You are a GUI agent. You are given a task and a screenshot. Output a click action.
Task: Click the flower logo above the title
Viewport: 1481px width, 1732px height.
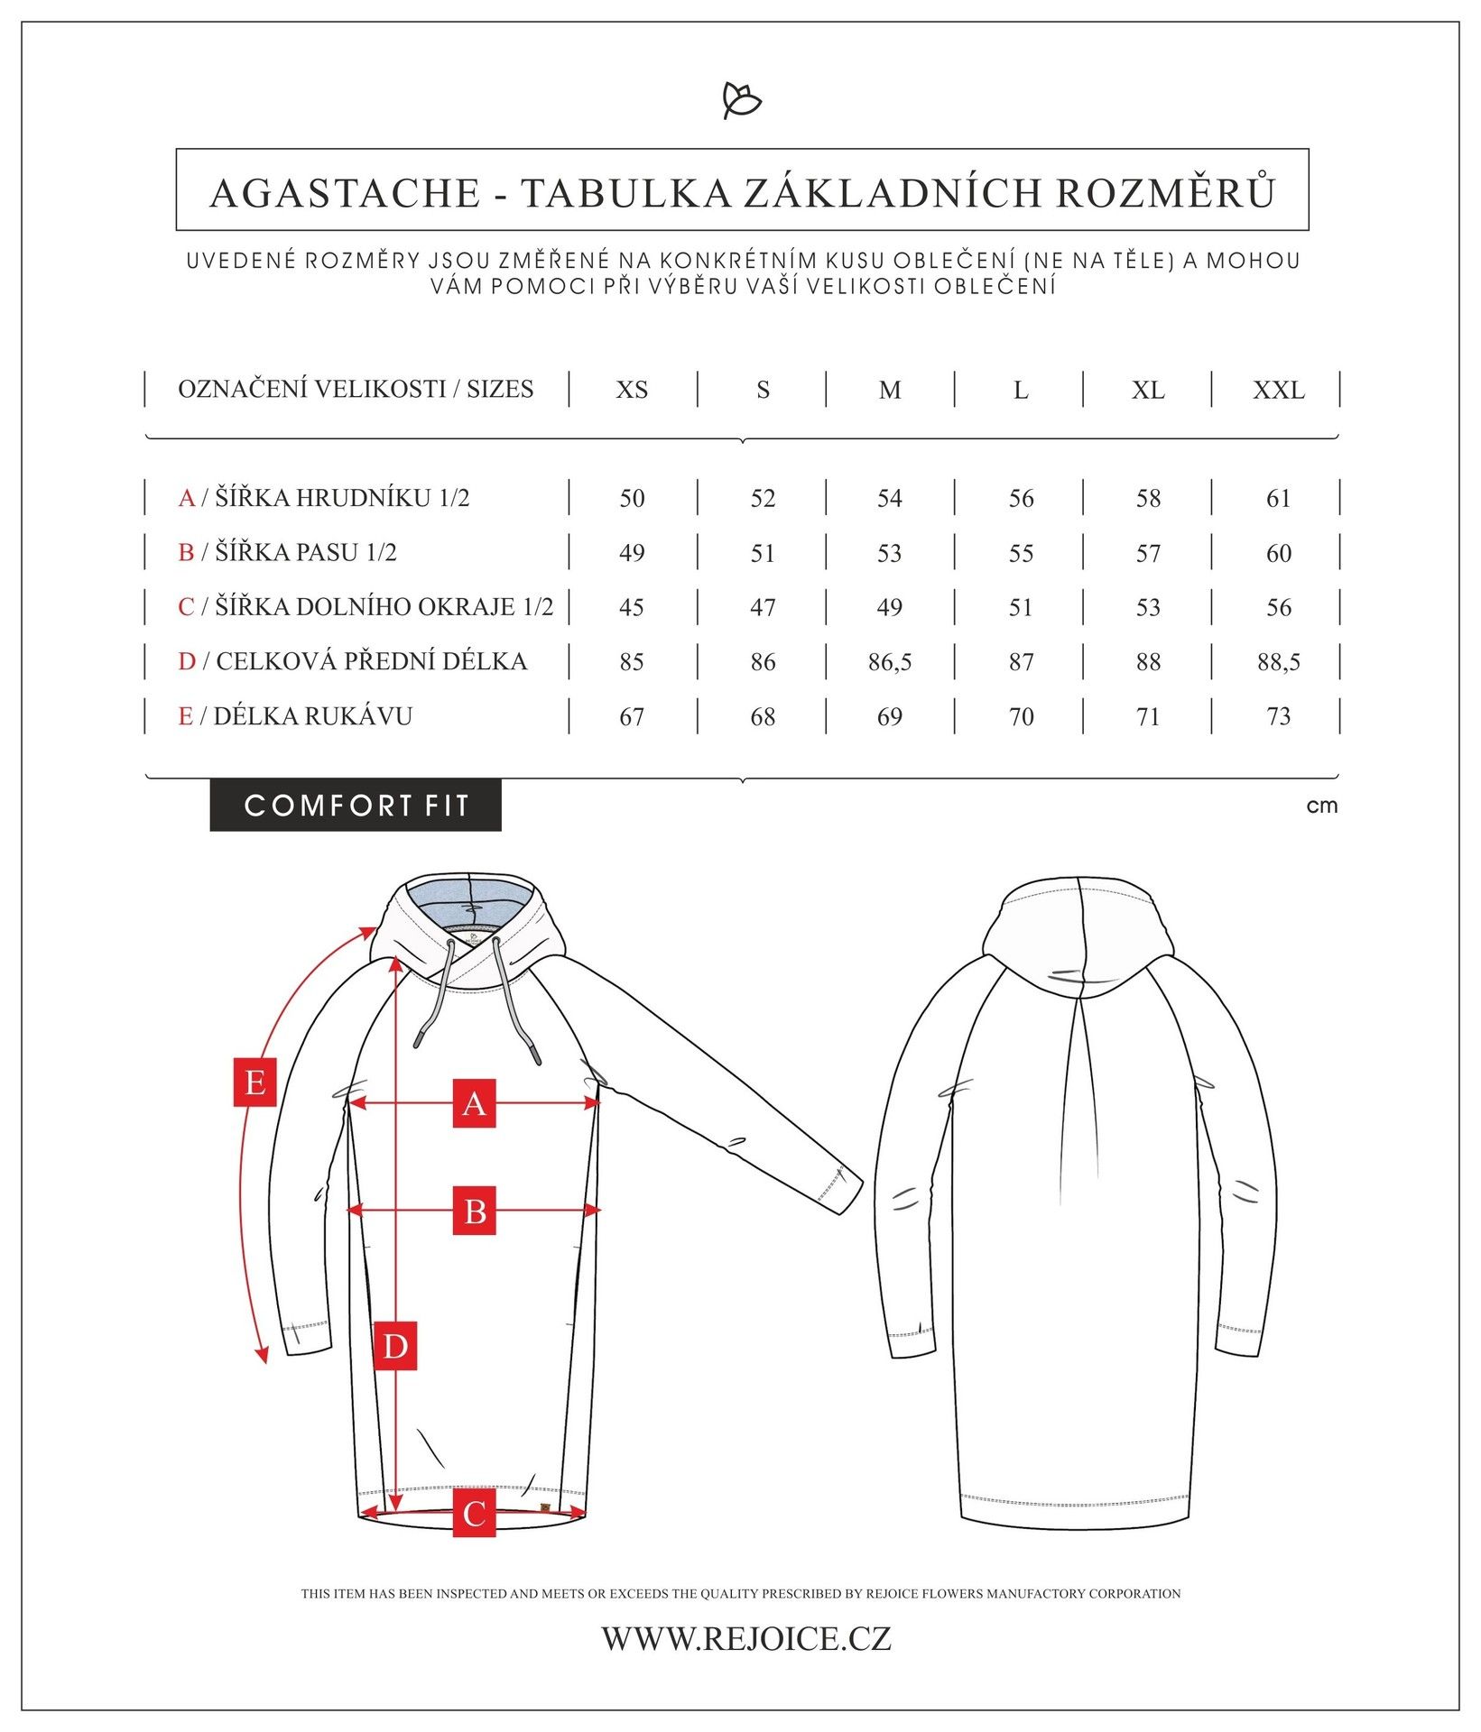(x=742, y=100)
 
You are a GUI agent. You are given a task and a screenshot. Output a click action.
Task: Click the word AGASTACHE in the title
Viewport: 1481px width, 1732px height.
(x=345, y=193)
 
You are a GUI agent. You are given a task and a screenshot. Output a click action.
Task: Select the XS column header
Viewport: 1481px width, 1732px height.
(x=632, y=390)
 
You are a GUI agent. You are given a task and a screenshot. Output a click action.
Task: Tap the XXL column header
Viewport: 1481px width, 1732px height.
(x=1278, y=390)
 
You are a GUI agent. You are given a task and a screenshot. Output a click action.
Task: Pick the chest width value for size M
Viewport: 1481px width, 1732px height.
(x=890, y=498)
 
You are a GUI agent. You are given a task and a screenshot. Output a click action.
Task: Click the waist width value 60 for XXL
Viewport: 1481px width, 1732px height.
(x=1278, y=553)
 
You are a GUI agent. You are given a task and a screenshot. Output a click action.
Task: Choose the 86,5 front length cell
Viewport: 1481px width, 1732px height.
(x=890, y=662)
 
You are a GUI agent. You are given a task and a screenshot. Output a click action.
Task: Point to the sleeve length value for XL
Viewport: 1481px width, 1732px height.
(x=1148, y=717)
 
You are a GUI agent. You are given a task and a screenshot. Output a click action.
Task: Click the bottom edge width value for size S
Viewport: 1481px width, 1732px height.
(x=763, y=607)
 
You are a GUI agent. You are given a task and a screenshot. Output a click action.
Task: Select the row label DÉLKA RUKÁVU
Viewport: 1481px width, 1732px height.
(x=312, y=716)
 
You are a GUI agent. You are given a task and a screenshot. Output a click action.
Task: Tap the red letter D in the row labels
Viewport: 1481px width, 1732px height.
(x=187, y=661)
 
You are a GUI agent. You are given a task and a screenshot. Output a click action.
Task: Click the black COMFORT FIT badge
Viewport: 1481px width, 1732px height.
(x=356, y=805)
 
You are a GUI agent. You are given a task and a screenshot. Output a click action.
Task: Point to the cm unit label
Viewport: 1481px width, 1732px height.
(x=1321, y=806)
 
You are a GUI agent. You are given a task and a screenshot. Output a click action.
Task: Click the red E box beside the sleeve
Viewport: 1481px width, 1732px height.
(x=255, y=1082)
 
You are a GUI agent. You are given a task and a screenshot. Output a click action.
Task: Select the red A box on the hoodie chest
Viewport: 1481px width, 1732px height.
(x=475, y=1103)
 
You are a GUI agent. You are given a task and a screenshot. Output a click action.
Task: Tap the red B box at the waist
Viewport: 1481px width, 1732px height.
(x=475, y=1211)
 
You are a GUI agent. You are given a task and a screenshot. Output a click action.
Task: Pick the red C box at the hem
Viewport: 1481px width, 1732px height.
(x=475, y=1514)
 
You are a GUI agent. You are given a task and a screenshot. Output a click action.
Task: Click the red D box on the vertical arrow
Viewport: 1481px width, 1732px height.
(x=395, y=1346)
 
